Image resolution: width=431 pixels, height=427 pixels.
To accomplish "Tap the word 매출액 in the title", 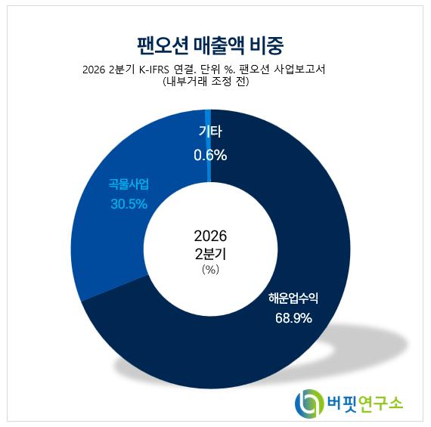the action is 219,45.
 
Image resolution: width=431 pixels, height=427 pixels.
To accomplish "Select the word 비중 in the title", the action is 266,45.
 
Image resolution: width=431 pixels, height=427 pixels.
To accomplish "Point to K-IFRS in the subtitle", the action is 154,70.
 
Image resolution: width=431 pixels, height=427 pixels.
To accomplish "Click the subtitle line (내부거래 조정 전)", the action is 206,82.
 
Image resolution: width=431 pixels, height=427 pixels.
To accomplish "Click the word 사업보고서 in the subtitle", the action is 299,70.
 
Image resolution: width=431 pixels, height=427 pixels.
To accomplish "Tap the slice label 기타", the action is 210,132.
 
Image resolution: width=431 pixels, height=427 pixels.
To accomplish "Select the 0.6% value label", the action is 210,155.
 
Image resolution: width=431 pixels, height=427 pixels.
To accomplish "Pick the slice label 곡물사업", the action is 129,184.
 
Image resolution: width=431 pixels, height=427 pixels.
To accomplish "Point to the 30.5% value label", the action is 129,204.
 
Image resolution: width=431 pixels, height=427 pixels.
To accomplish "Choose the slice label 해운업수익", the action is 293,298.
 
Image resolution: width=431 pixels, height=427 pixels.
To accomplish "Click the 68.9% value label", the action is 293,318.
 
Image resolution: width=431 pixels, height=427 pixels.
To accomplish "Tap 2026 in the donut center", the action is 210,236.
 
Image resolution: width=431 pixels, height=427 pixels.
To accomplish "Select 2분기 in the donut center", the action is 210,254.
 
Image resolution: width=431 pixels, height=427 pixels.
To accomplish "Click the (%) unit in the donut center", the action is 210,270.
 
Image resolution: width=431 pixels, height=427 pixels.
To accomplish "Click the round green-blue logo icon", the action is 308,404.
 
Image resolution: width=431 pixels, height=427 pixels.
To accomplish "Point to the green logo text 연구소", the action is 380,404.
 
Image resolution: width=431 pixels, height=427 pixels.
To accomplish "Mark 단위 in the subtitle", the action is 210,70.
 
